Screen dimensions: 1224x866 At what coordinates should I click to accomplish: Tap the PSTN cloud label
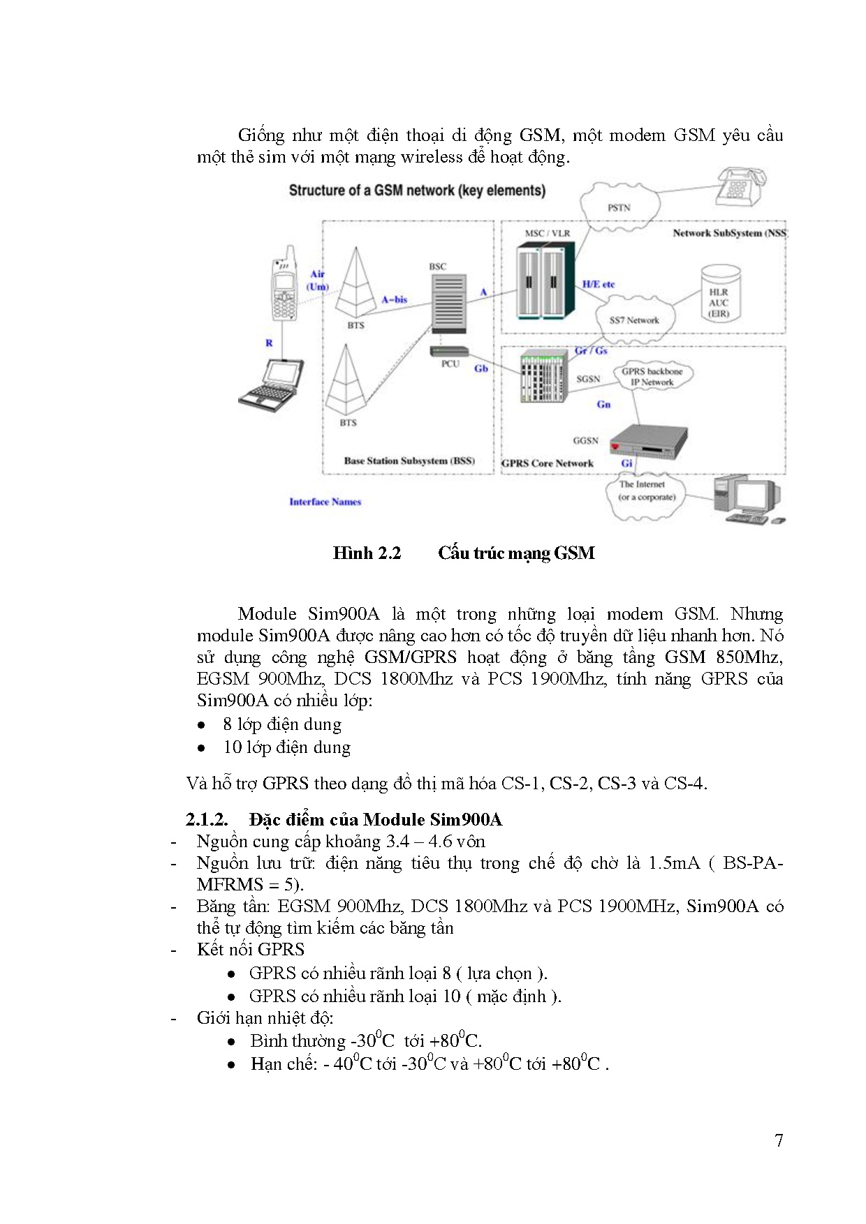(619, 207)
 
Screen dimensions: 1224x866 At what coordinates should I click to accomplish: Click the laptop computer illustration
(273, 386)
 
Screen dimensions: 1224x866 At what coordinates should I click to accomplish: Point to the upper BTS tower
(356, 283)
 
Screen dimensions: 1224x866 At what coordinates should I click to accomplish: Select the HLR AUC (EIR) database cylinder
(719, 294)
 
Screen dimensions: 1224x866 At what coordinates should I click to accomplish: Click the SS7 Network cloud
(634, 320)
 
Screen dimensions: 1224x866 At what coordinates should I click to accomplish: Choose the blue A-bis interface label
(394, 299)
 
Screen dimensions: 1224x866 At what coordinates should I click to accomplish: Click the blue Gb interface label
(481, 368)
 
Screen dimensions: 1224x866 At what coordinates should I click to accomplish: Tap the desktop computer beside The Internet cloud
(747, 498)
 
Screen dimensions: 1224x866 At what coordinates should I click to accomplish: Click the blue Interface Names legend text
(325, 502)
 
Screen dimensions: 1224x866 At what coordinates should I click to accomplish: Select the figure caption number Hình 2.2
(367, 553)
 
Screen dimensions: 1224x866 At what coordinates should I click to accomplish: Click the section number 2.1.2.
(207, 819)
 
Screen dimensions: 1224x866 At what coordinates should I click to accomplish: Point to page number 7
(779, 1140)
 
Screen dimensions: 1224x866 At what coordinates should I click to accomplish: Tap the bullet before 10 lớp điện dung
(201, 748)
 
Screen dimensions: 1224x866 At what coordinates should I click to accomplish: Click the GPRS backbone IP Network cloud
(652, 377)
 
